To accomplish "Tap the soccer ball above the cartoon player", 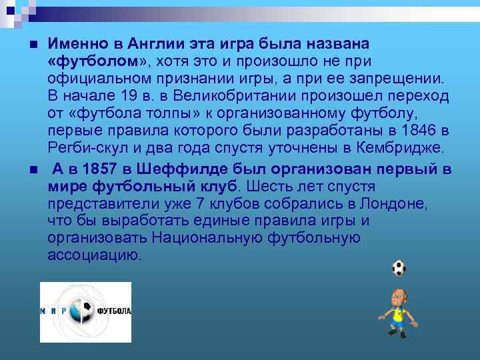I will [x=399, y=268].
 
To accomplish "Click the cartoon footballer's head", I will [x=398, y=298].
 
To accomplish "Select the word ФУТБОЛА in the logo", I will [x=115, y=311].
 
